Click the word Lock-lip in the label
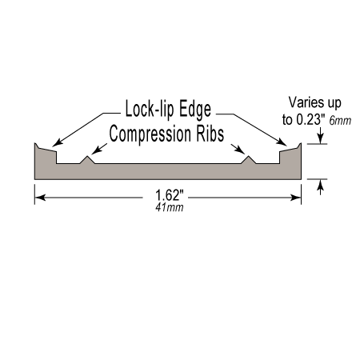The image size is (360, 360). (150, 109)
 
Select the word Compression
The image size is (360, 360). (150, 134)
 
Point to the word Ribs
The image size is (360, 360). (210, 134)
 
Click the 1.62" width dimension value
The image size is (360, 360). (170, 195)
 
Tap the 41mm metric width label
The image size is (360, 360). (170, 208)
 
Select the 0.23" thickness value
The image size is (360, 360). (310, 120)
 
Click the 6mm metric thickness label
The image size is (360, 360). (340, 121)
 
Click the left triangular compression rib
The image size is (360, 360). (87, 161)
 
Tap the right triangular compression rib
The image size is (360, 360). (249, 161)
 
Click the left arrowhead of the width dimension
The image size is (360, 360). (40, 198)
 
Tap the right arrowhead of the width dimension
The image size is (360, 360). (296, 198)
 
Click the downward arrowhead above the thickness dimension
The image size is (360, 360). (321, 138)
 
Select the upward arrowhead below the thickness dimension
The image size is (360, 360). (321, 185)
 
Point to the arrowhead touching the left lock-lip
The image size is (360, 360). (58, 142)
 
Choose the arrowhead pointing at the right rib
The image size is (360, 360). (240, 150)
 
